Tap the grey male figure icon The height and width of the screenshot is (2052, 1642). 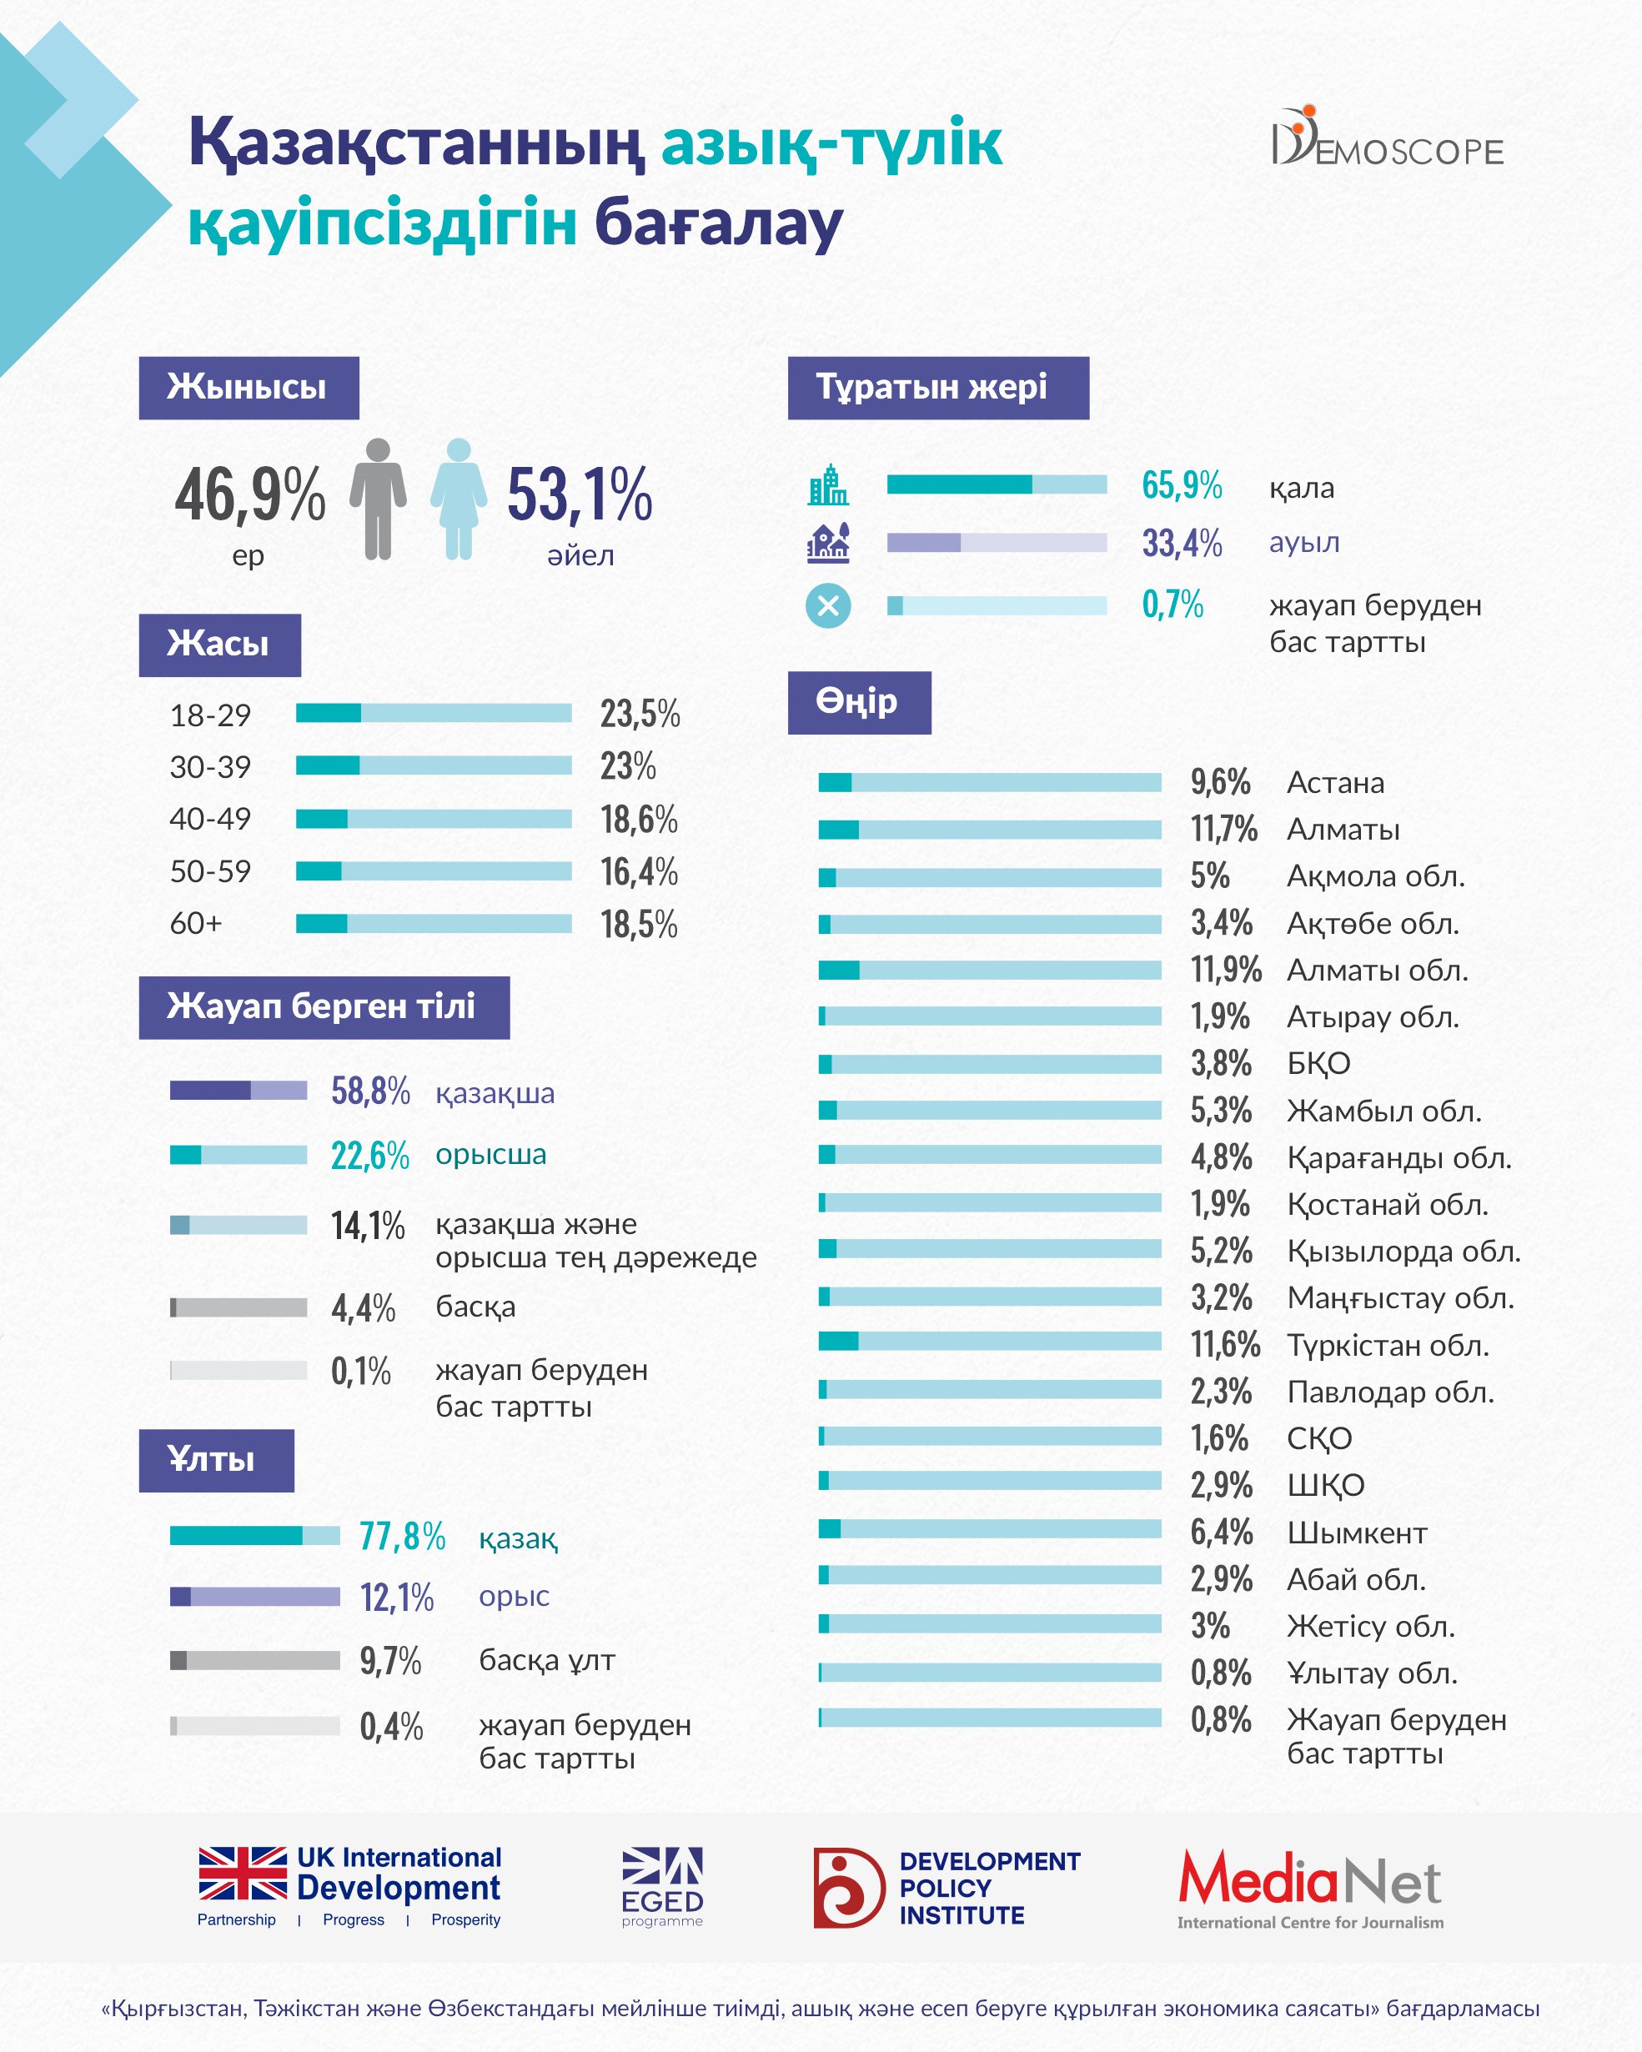pos(378,498)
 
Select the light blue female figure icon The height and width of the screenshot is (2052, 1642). pos(459,498)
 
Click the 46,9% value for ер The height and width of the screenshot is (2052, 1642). pos(249,495)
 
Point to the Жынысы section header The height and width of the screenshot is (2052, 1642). pos(249,388)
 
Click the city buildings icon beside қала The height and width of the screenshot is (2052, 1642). pos(828,485)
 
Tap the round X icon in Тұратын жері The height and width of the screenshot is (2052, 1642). pos(828,605)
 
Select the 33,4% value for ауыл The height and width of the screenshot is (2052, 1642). pos(1182,544)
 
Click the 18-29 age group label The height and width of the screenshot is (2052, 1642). pos(210,715)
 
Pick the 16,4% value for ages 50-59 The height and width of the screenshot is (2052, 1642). pos(639,872)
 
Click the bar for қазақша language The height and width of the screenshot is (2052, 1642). pos(238,1091)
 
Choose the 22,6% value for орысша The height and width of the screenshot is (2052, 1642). pos(369,1156)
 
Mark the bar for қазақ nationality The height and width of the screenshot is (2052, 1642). pos(254,1535)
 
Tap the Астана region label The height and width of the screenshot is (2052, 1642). pos(1335,783)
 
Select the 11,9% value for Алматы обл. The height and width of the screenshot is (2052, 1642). pos(1225,970)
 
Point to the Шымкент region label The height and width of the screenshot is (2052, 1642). pos(1357,1533)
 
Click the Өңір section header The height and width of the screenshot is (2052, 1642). pos(859,702)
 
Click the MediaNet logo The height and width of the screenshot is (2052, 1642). pos(1310,1889)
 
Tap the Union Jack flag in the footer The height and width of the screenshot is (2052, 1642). pos(243,1873)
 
